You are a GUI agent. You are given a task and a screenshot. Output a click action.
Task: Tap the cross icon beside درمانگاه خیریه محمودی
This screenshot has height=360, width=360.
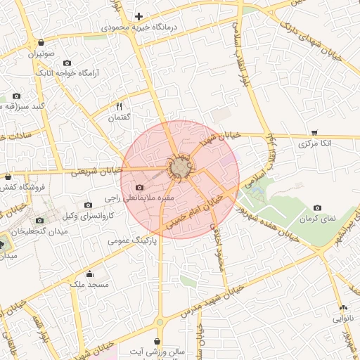pos(139,16)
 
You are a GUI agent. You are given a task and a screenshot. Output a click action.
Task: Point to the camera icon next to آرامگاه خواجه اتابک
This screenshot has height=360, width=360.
pos(67,63)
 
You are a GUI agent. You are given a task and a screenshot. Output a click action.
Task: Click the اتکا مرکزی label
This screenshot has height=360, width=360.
pos(314,143)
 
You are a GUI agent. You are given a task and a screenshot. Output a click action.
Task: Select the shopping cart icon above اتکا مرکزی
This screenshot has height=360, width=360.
pos(314,132)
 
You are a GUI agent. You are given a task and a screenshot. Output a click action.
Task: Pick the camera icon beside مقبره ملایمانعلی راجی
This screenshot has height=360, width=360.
pos(139,188)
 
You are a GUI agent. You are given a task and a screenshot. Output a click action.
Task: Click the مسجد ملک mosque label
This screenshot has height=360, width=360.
pos(89,285)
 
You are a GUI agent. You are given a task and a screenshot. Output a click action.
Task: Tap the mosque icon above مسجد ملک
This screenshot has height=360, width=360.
pos(89,274)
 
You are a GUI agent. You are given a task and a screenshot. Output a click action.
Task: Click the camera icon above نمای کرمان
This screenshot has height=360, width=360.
pos(318,207)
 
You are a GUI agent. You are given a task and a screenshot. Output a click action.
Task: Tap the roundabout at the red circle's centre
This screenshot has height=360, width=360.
pos(181,169)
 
